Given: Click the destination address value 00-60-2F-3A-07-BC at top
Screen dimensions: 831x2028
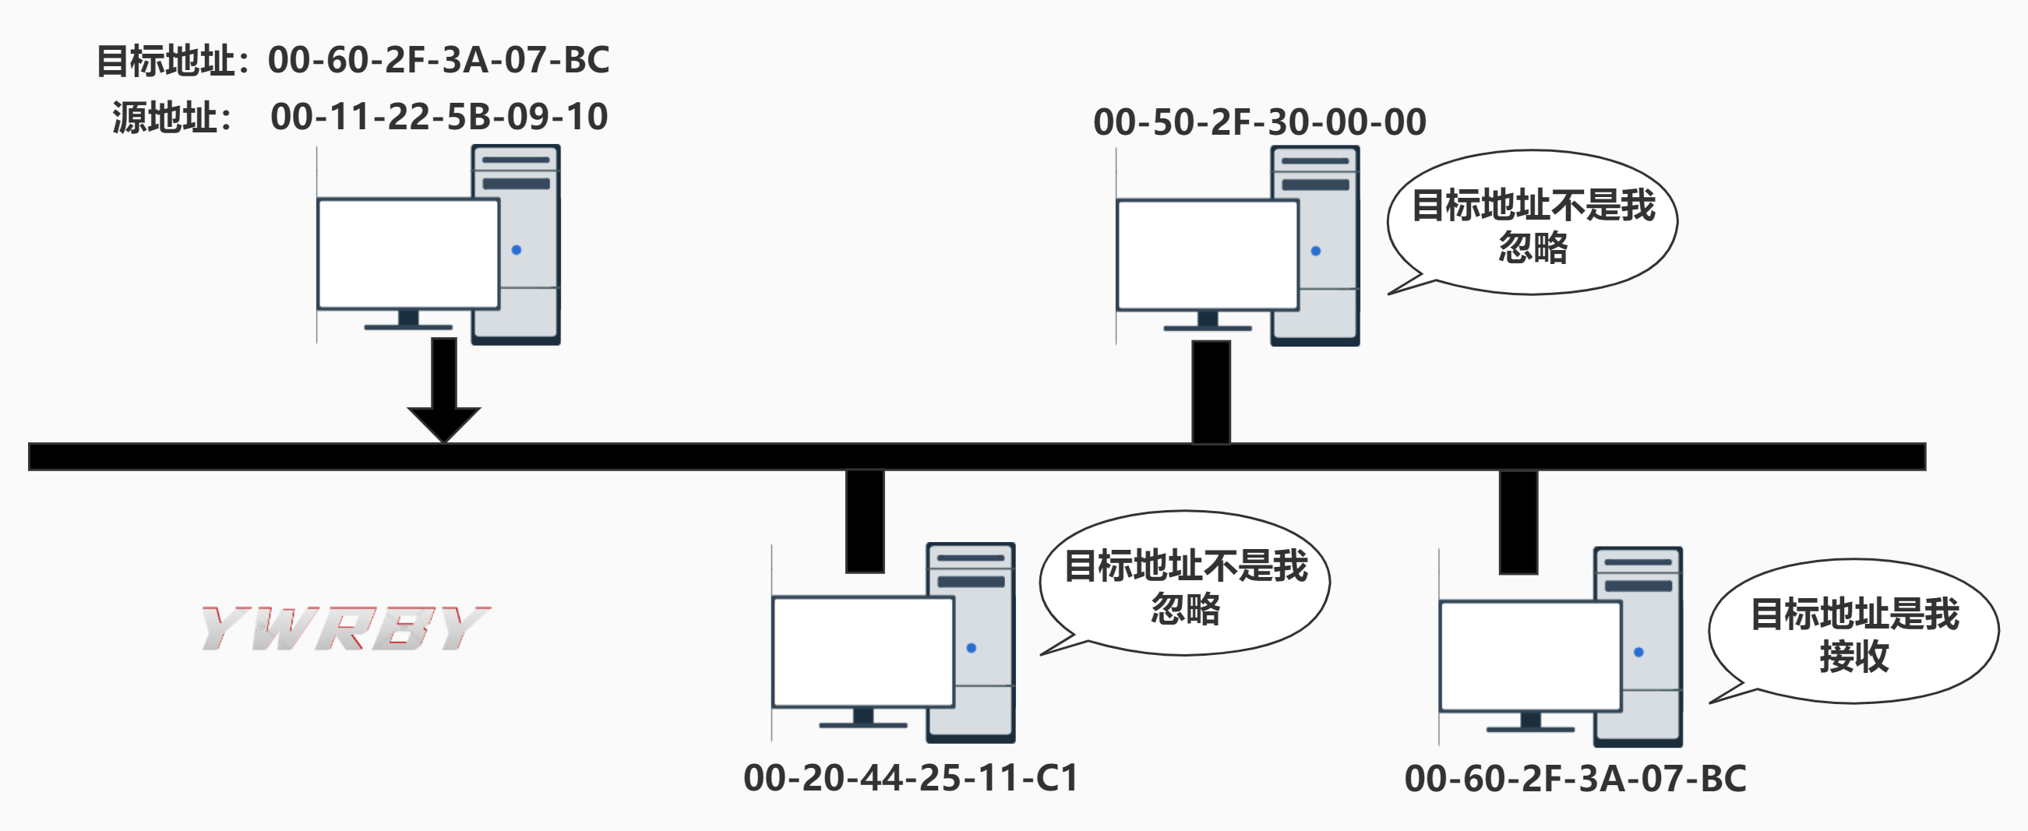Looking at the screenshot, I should (439, 60).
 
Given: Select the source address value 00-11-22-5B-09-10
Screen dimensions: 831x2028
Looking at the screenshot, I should (439, 117).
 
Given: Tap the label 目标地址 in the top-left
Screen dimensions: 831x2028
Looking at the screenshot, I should (164, 61).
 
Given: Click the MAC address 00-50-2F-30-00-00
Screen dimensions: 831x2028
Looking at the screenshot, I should (1259, 122).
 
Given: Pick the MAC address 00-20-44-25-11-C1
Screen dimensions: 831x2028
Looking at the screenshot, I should (910, 777).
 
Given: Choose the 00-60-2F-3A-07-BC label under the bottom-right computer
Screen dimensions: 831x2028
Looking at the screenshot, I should (1575, 778).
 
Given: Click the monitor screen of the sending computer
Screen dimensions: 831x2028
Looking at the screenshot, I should (407, 253).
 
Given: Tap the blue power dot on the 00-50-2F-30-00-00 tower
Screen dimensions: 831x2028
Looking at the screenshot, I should (1316, 251).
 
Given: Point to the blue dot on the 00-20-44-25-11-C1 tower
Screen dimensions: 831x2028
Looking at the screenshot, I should (971, 648).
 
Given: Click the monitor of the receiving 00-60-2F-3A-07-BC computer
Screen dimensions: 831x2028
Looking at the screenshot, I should (1529, 656).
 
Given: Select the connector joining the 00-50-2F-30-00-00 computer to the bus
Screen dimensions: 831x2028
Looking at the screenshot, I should (1211, 391).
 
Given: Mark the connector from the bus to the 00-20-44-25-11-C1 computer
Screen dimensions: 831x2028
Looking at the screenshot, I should (865, 521).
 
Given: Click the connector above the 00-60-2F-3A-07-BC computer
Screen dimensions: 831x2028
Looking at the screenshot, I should (1518, 523).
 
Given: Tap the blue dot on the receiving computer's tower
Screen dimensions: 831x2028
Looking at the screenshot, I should (1638, 652).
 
